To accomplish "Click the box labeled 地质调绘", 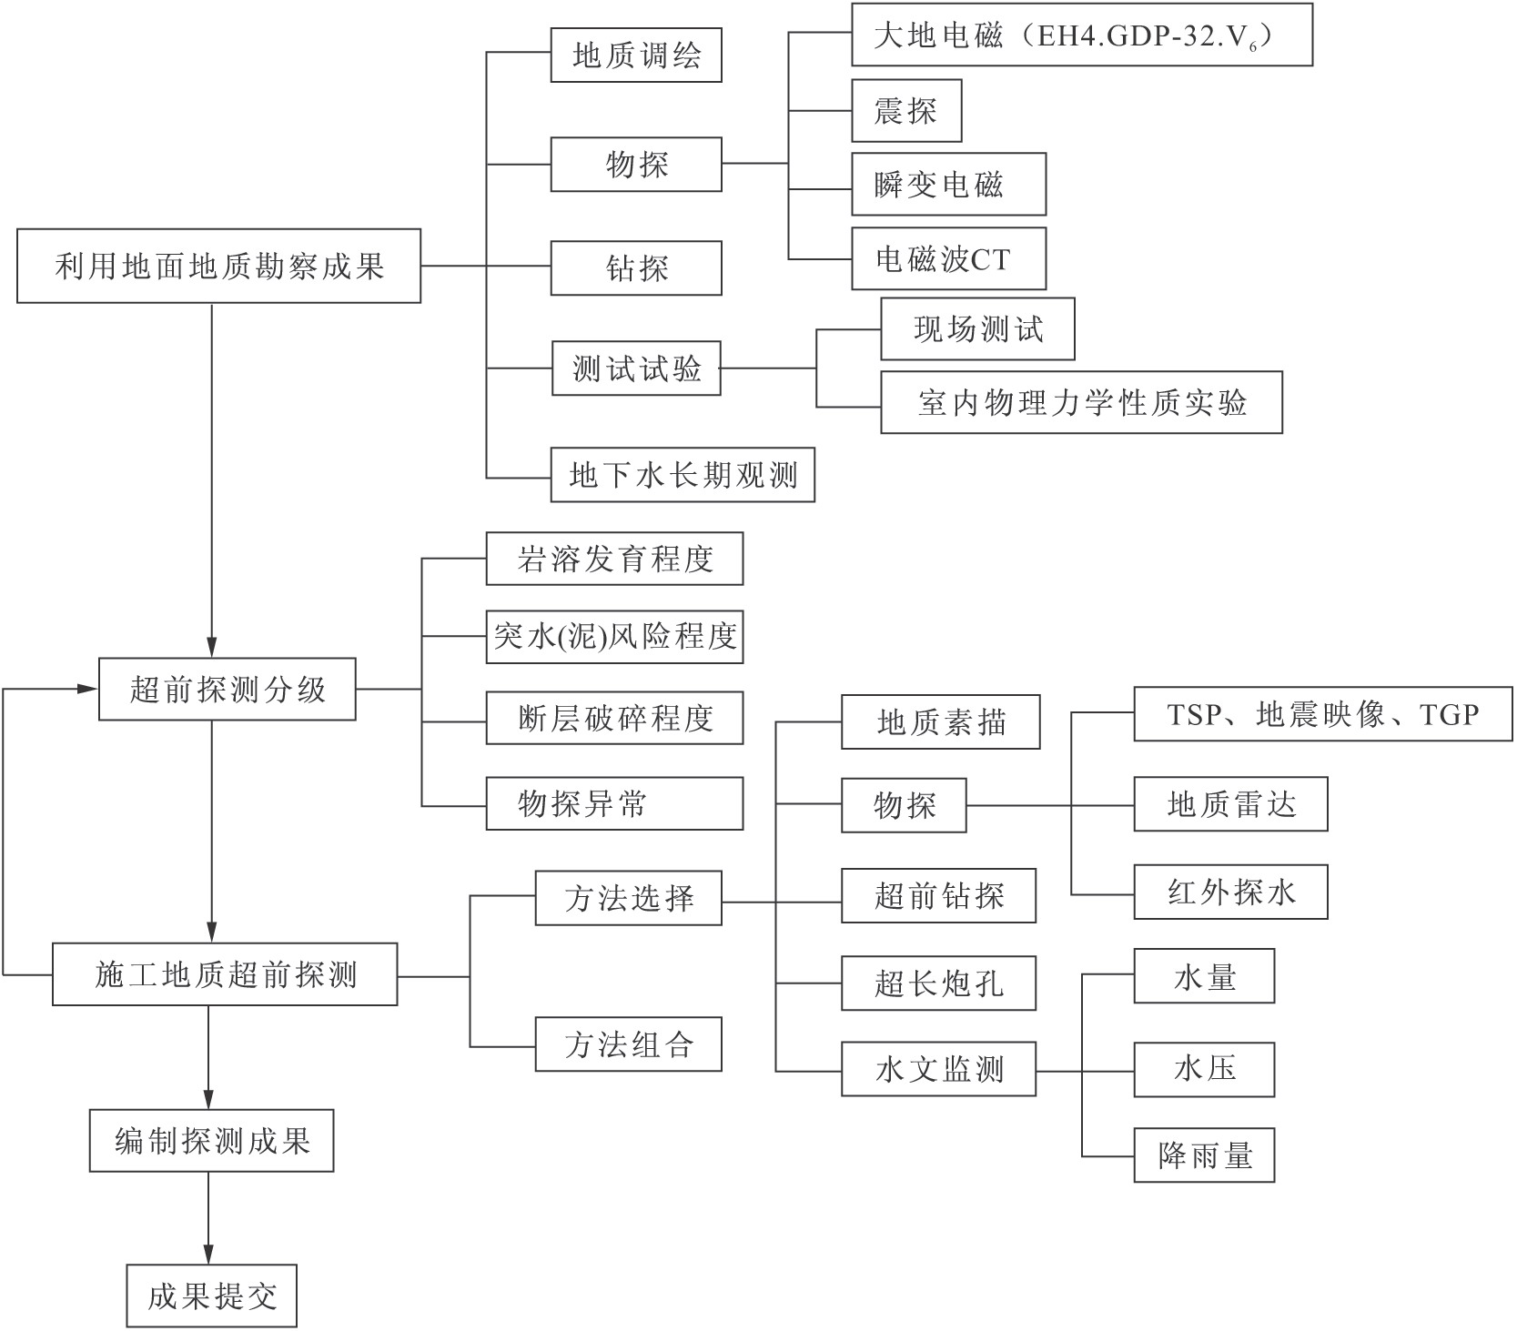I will click(635, 55).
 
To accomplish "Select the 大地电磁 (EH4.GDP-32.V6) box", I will click(1081, 35).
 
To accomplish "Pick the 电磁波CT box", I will click(947, 259).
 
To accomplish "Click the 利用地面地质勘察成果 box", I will click(218, 266).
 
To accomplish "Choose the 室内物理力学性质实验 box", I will click(1080, 402).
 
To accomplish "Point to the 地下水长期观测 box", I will click(682, 474).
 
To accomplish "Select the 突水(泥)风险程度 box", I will click(614, 636).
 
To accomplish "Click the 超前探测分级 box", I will click(227, 689).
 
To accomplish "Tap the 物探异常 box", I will click(614, 803).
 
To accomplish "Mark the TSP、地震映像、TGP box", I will click(1321, 714).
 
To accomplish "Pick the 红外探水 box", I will click(1229, 892).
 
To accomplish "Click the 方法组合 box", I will click(628, 1044).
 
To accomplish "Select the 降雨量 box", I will click(1203, 1155).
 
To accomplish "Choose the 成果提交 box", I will click(211, 1296).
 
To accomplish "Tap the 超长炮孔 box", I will click(937, 983).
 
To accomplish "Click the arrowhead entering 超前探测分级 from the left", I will click(88, 689).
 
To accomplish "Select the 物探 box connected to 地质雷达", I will click(903, 805).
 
